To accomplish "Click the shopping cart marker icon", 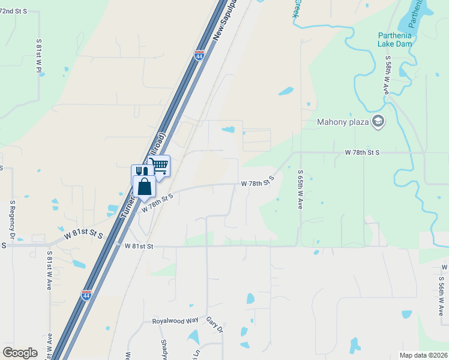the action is pyautogui.click(x=160, y=165).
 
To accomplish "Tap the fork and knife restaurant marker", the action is pyautogui.click(x=140, y=172).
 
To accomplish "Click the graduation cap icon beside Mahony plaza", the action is pyautogui.click(x=378, y=122).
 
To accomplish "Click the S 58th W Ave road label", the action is pyautogui.click(x=388, y=75).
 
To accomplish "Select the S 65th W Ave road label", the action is pyautogui.click(x=300, y=189).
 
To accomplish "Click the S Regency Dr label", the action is pyautogui.click(x=12, y=220).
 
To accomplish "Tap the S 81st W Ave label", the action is pyautogui.click(x=49, y=271).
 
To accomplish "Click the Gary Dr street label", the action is pyautogui.click(x=215, y=326).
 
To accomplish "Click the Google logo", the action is pyautogui.click(x=20, y=353).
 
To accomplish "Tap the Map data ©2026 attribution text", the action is pyautogui.click(x=424, y=355).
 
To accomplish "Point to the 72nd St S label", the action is pyautogui.click(x=14, y=12).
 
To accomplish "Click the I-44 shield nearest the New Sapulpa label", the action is pyautogui.click(x=199, y=55).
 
